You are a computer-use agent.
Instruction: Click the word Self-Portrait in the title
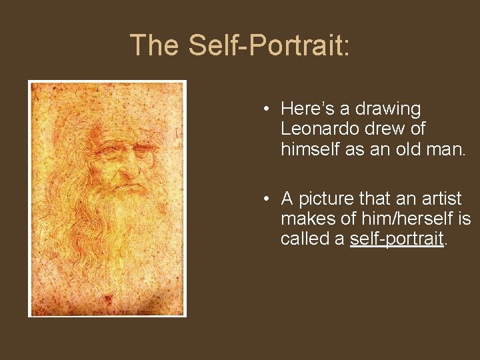[269, 45]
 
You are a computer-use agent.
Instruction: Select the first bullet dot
[265, 109]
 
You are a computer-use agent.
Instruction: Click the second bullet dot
[265, 199]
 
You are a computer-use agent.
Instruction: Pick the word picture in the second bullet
[327, 199]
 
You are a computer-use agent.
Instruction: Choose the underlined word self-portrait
[397, 238]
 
